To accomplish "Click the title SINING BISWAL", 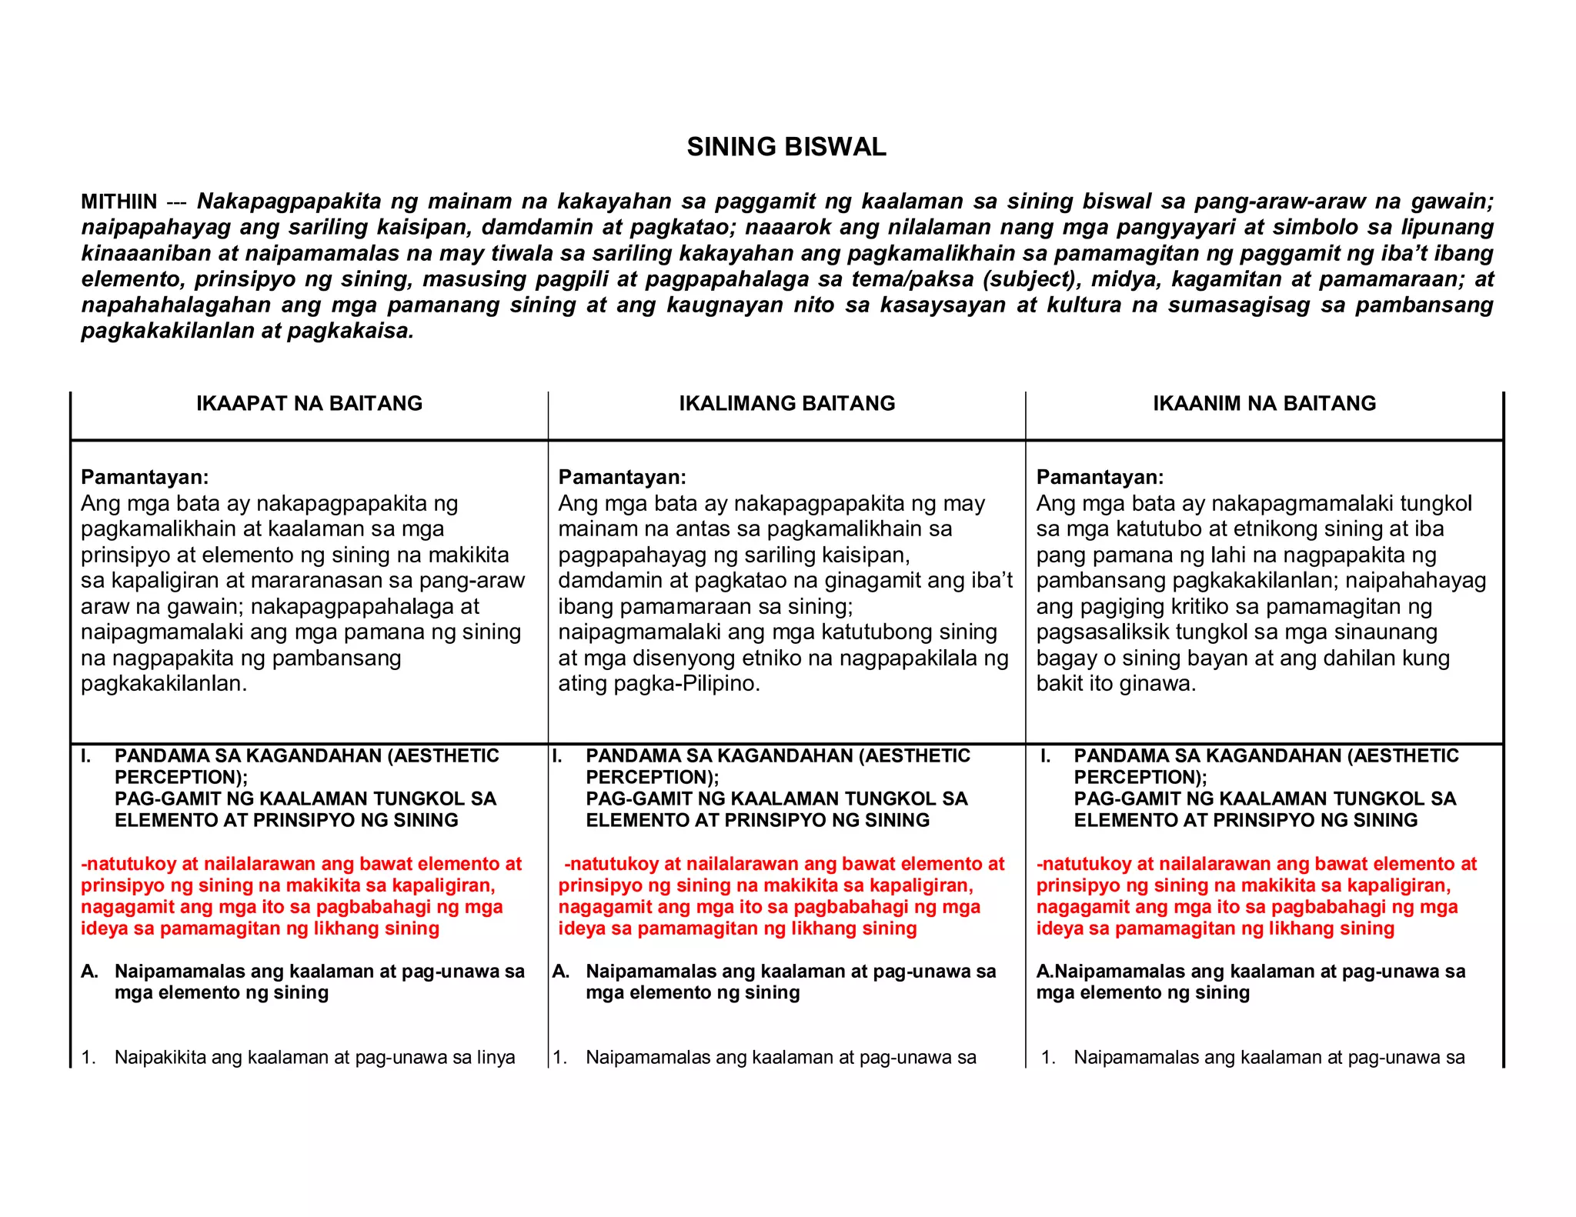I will [786, 147].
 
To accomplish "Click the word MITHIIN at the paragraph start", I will [119, 202].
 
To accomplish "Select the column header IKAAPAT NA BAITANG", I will [309, 403].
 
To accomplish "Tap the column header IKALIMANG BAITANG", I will [786, 403].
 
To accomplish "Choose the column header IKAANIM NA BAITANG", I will [1264, 403].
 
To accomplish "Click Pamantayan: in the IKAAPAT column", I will [145, 477].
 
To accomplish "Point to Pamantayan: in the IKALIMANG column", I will [622, 477].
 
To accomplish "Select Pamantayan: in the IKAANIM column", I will [1100, 477].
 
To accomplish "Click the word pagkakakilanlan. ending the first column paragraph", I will [164, 683].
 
